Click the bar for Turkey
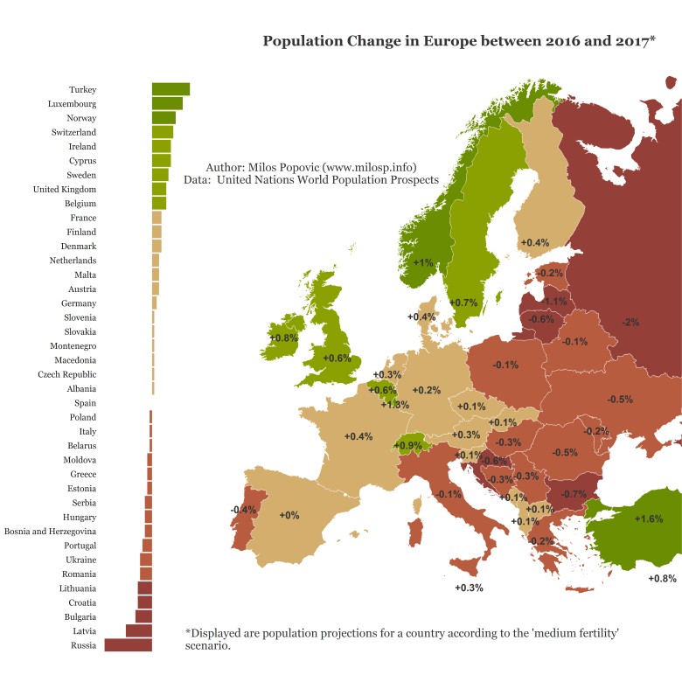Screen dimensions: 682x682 click(170, 89)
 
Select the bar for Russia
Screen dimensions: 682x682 click(128, 645)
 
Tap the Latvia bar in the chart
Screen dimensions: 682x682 click(138, 630)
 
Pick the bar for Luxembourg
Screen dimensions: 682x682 click(167, 103)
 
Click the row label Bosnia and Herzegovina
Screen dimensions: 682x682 click(50, 531)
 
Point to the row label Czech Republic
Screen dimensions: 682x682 click(66, 374)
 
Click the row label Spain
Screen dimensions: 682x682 click(85, 403)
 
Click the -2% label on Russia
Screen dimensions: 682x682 click(630, 323)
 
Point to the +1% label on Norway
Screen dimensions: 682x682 click(423, 263)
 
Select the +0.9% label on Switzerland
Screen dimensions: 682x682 click(408, 446)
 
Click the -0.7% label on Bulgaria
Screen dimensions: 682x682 click(574, 494)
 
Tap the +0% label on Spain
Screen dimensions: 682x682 click(289, 516)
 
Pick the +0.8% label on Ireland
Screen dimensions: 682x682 click(284, 338)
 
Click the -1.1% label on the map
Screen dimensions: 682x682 click(554, 302)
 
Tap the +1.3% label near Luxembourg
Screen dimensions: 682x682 click(395, 405)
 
